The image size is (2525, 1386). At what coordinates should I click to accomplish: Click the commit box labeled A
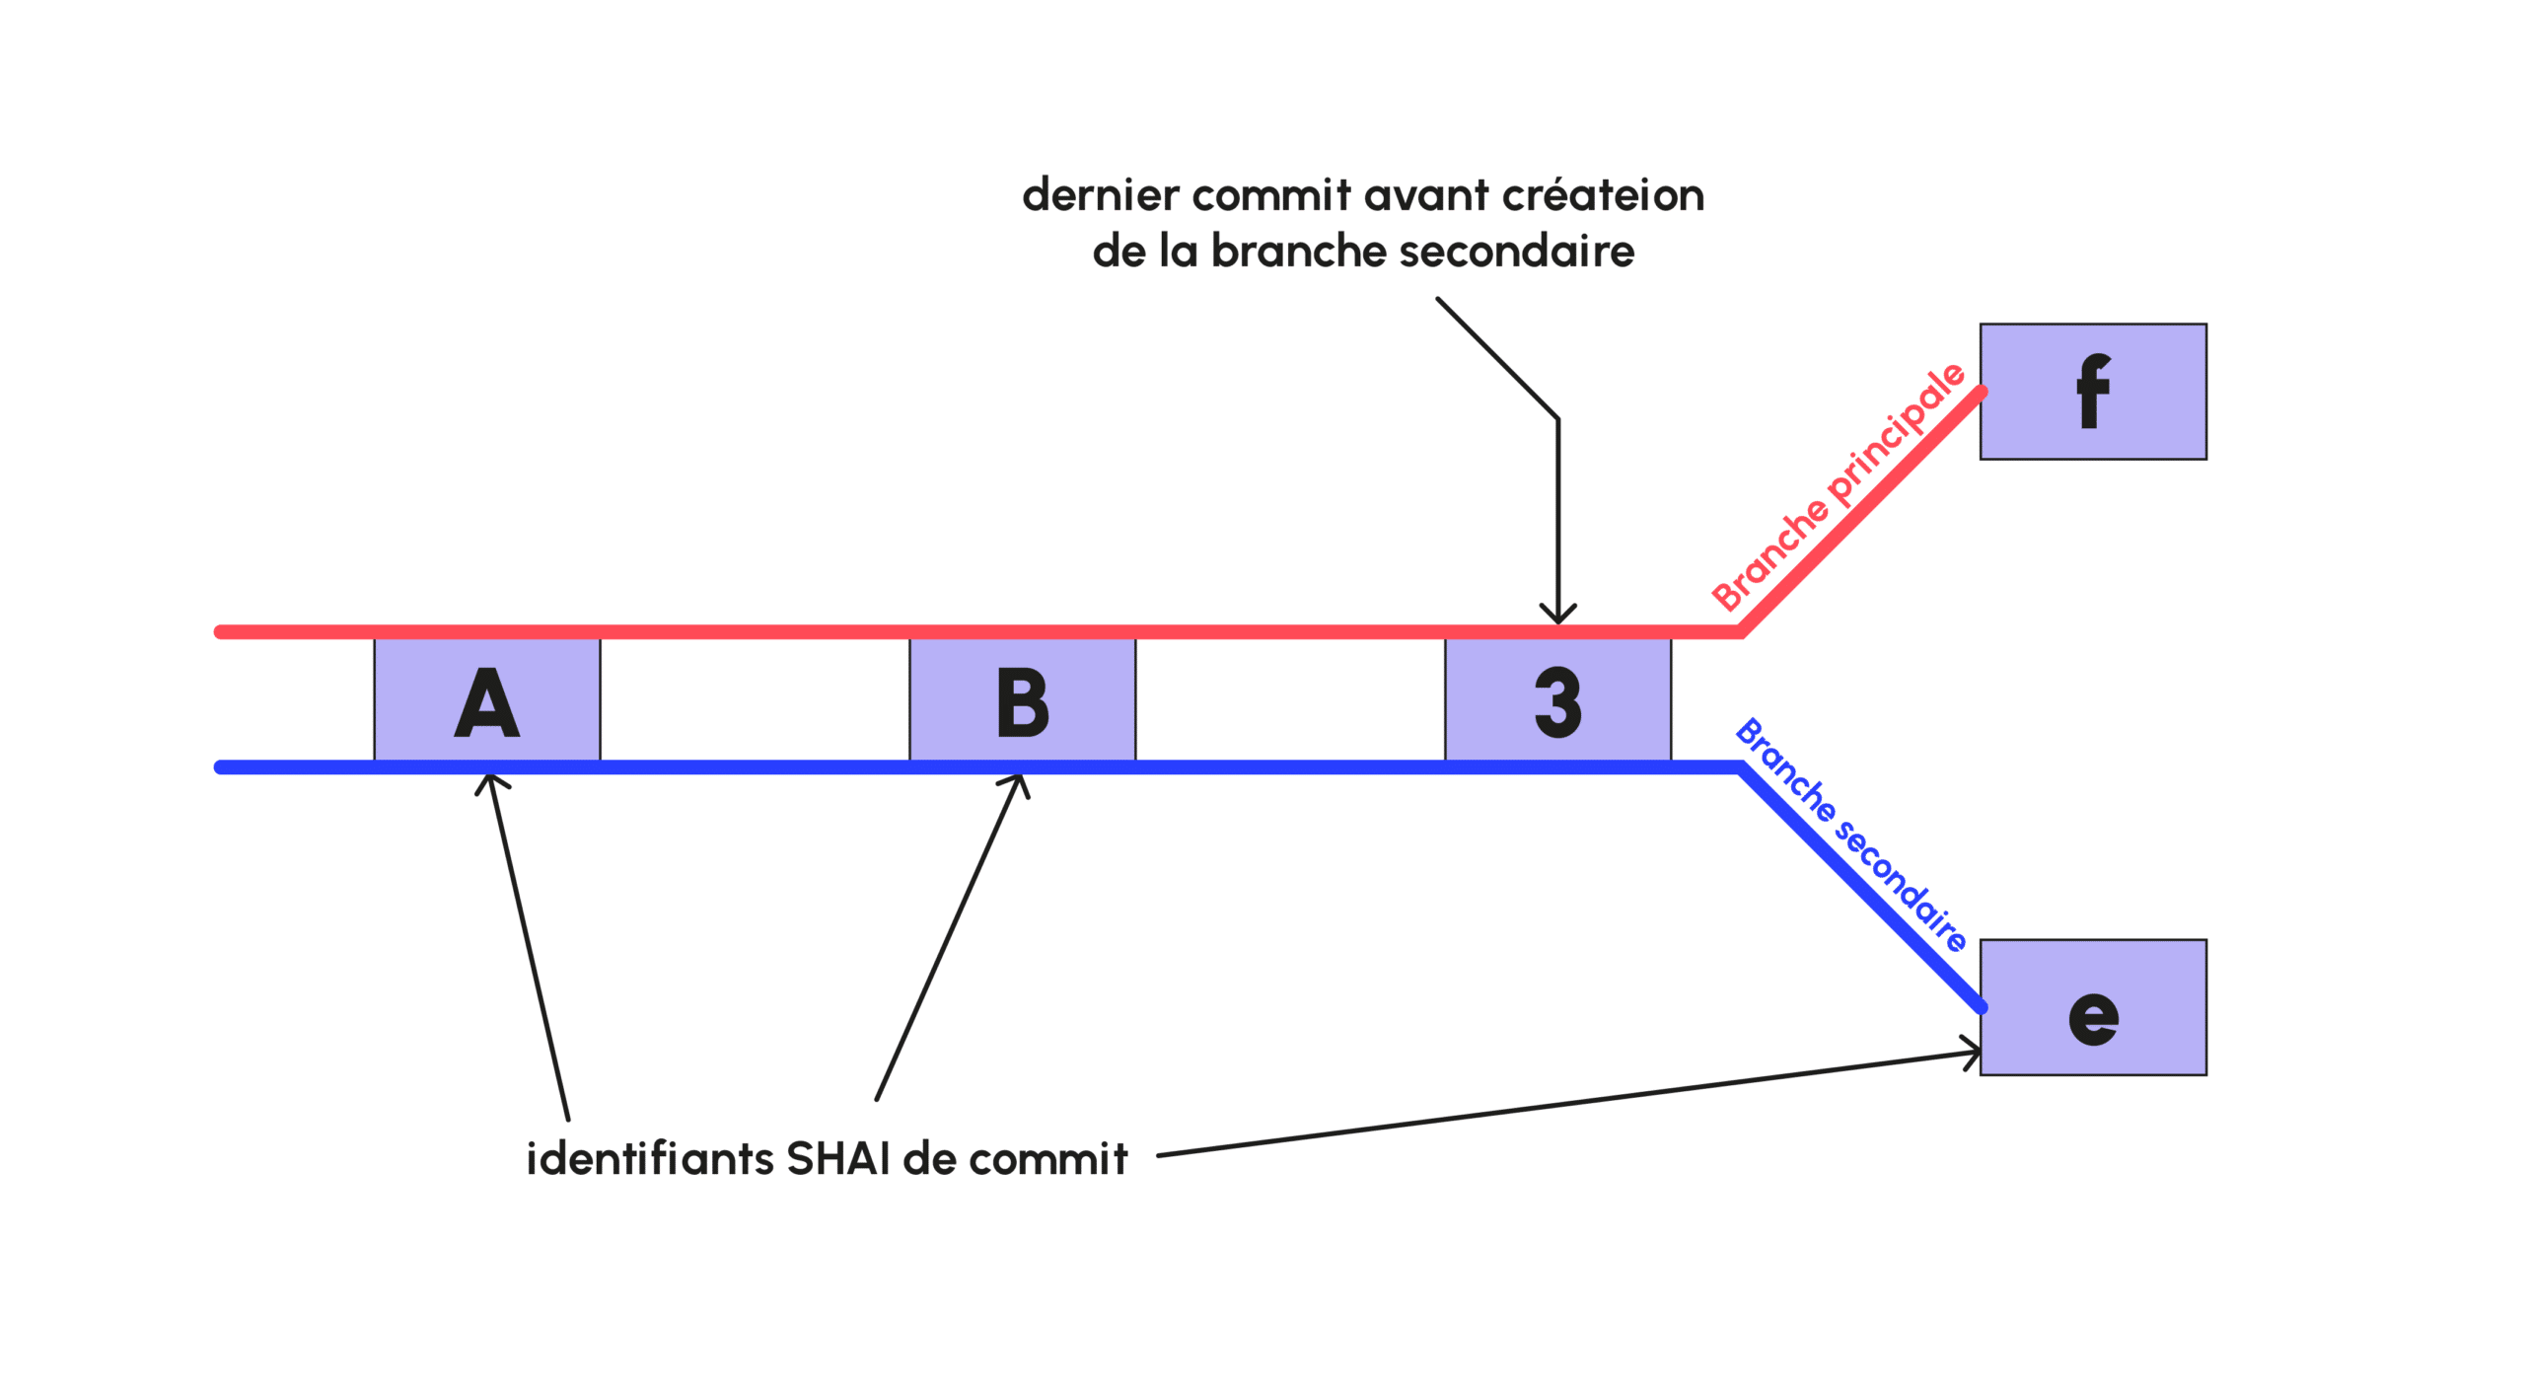(486, 699)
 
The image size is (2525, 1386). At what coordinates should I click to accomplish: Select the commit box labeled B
(1022, 699)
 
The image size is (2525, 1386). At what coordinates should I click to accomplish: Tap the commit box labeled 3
(1557, 699)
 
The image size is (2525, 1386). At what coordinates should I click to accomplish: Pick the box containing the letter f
(2092, 392)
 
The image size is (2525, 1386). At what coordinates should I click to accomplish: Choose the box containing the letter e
(2092, 1007)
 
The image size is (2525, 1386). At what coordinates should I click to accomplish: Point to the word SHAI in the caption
(838, 1159)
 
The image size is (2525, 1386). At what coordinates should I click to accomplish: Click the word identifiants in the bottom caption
(650, 1159)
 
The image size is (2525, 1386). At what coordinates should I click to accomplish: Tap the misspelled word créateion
(1603, 195)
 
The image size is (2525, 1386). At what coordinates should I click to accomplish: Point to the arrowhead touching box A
(490, 781)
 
